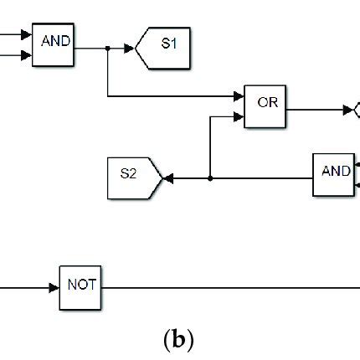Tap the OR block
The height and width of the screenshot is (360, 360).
pyautogui.click(x=266, y=106)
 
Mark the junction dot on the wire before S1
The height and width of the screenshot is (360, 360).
pyautogui.click(x=108, y=49)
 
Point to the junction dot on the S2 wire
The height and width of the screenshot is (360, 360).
pyautogui.click(x=210, y=178)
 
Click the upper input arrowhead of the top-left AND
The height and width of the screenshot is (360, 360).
pyautogui.click(x=27, y=37)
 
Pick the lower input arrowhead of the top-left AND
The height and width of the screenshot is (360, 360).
pyautogui.click(x=27, y=56)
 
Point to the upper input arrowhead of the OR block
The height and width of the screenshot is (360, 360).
pyautogui.click(x=239, y=96)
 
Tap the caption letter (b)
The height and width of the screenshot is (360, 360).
pyautogui.click(x=180, y=341)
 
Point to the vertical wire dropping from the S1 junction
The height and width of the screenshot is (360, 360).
pyautogui.click(x=108, y=74)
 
